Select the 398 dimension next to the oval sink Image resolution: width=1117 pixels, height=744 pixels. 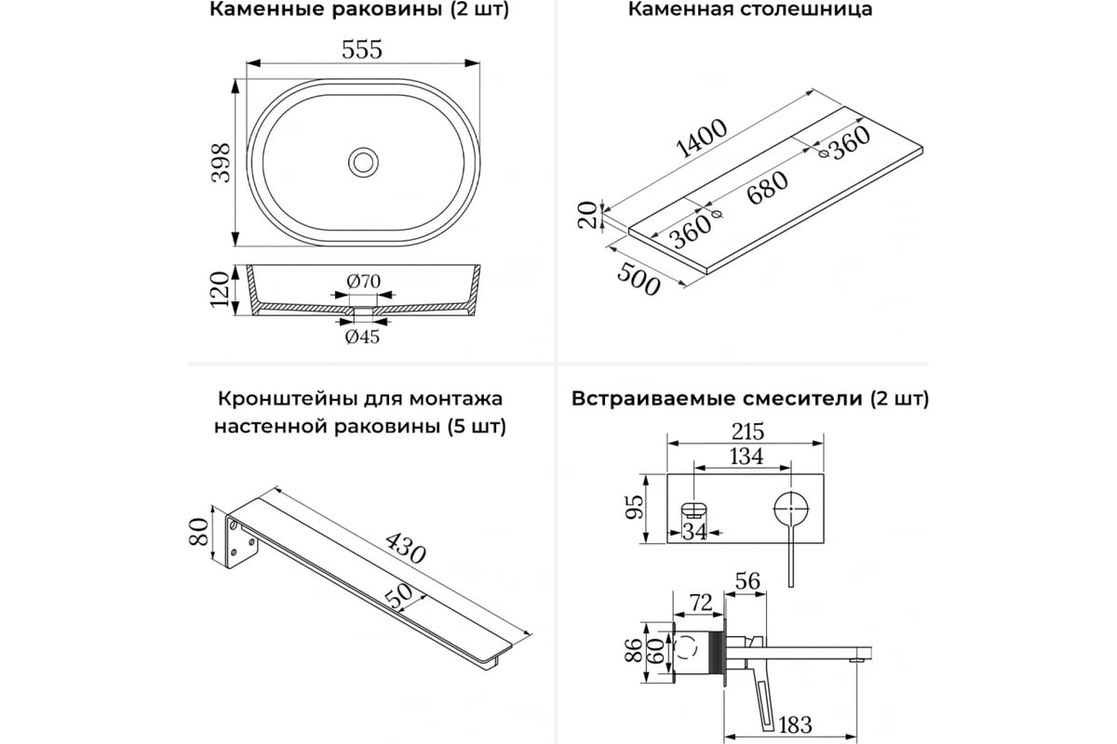[220, 162]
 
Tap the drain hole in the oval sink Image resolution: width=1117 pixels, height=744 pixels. [363, 162]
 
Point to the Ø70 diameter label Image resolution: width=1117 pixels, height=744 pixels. [363, 282]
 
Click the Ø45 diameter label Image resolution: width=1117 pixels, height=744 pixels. [363, 337]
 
